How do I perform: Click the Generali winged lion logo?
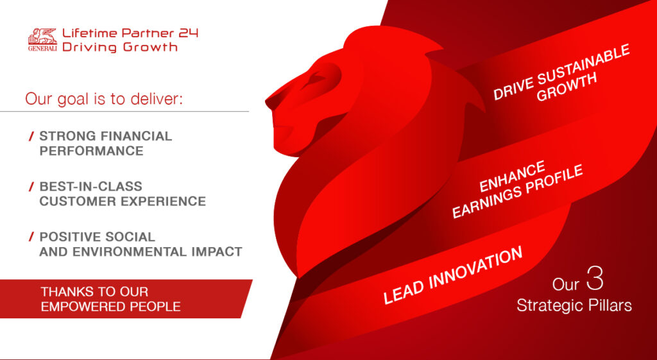click(42, 39)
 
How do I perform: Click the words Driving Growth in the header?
click(120, 47)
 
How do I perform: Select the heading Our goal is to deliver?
click(104, 99)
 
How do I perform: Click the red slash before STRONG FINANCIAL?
click(31, 136)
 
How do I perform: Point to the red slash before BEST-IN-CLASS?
click(31, 187)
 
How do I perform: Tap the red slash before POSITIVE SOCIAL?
click(31, 237)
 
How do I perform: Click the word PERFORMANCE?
click(91, 151)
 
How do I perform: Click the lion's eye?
click(315, 79)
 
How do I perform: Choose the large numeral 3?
click(595, 281)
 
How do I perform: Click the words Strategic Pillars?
click(574, 305)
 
